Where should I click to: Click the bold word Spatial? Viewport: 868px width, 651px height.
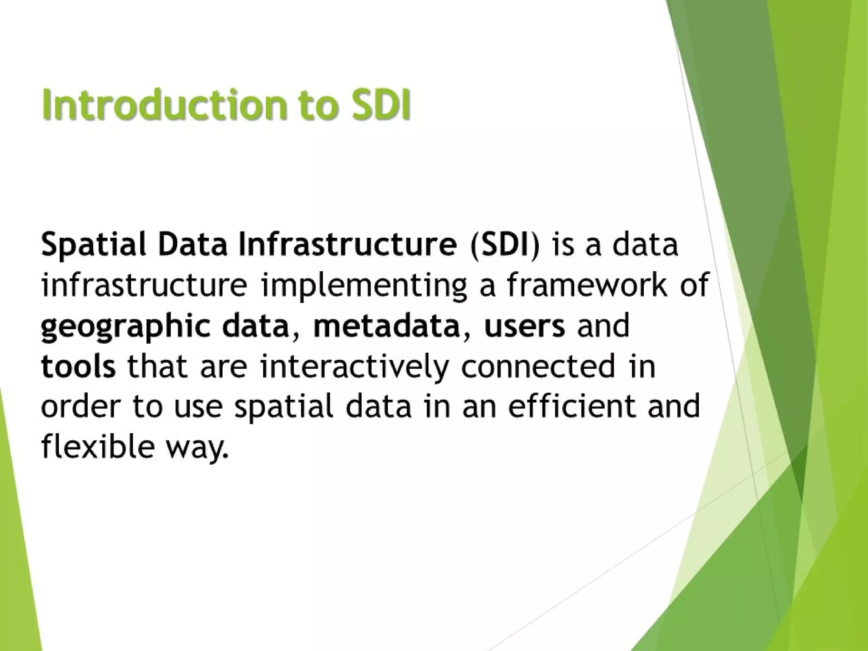pyautogui.click(x=94, y=246)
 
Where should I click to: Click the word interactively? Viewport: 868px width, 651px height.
pyautogui.click(x=354, y=367)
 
